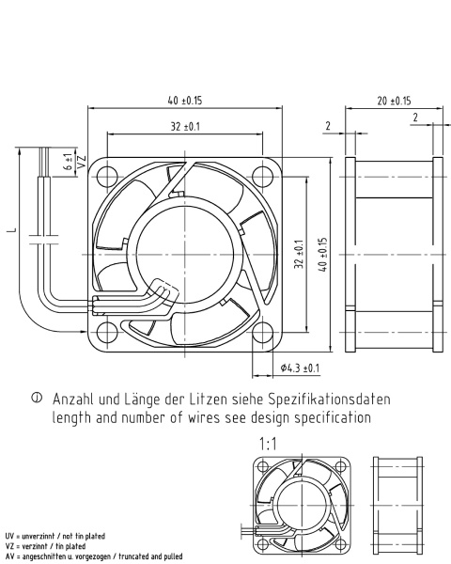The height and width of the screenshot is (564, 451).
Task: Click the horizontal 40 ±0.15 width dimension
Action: pyautogui.click(x=185, y=101)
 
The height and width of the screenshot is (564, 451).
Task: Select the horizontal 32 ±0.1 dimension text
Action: pyautogui.click(x=185, y=127)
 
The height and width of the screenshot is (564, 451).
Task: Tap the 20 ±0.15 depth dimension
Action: pyautogui.click(x=394, y=101)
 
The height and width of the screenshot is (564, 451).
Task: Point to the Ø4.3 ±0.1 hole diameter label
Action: pyautogui.click(x=300, y=368)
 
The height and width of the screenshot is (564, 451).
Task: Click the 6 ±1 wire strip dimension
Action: pyautogui.click(x=68, y=162)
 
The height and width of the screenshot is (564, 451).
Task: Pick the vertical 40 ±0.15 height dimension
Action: pyautogui.click(x=323, y=255)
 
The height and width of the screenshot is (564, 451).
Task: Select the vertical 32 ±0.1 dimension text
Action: pyautogui.click(x=299, y=255)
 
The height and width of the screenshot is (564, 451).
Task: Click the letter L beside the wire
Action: pyautogui.click(x=12, y=229)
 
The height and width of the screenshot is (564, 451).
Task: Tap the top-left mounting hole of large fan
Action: pyautogui.click(x=107, y=177)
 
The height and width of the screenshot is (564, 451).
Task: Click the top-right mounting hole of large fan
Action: pyautogui.click(x=262, y=177)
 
